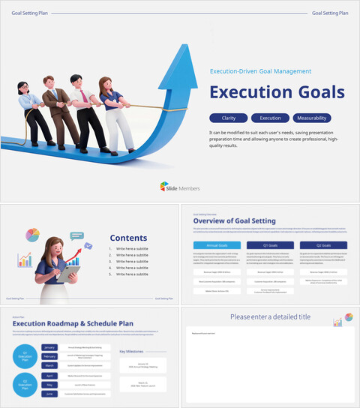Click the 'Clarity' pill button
[x=229, y=118]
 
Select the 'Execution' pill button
[x=271, y=118]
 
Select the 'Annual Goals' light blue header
[x=217, y=244]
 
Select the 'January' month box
[x=49, y=348]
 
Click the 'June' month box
[x=49, y=393]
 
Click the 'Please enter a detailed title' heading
[x=270, y=316]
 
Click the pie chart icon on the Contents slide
[x=32, y=235]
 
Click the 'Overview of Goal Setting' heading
[x=234, y=221]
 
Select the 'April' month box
[x=49, y=375]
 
